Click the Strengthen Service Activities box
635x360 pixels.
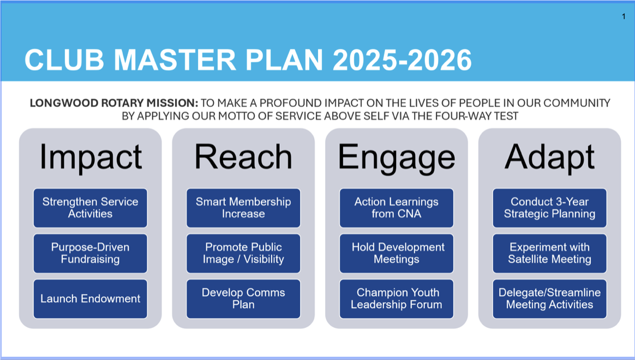[x=91, y=208]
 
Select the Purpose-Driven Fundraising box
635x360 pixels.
[x=91, y=253]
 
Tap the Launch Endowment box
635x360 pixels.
[x=91, y=299]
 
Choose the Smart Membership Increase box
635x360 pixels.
[x=243, y=208]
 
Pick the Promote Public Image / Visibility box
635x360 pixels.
[x=243, y=253]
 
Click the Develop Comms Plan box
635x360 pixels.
[x=243, y=299]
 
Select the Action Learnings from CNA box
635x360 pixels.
[x=397, y=208]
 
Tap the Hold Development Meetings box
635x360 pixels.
[x=397, y=253]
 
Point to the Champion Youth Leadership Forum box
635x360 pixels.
[x=397, y=299]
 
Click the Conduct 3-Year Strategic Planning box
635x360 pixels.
[x=549, y=208]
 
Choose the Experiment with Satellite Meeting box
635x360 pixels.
[x=549, y=253]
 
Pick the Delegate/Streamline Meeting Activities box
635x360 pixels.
[x=549, y=299]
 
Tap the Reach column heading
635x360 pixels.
[x=243, y=157]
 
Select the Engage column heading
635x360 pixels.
[x=397, y=158]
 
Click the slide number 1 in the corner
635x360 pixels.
[x=624, y=16]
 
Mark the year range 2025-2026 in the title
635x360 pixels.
[x=402, y=60]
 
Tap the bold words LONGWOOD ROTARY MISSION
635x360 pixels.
[x=114, y=103]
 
